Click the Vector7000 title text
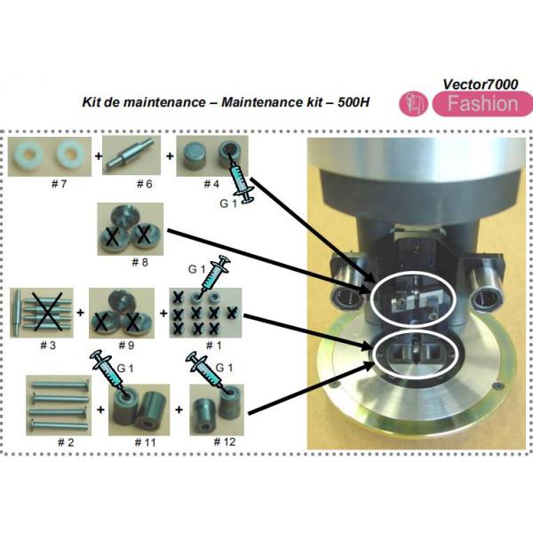tap(481, 84)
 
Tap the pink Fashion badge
tap(482, 104)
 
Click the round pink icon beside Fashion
tap(413, 104)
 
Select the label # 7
tap(59, 184)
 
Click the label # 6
tap(144, 184)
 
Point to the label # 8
tap(139, 262)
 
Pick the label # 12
tap(225, 442)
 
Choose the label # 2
tap(66, 442)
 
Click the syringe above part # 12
tap(204, 370)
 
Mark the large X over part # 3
tap(47, 313)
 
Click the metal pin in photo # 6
tap(130, 155)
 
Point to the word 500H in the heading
tap(354, 102)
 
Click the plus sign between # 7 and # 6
tap(99, 156)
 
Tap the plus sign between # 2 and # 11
tap(100, 410)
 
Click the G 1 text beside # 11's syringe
tap(125, 368)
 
